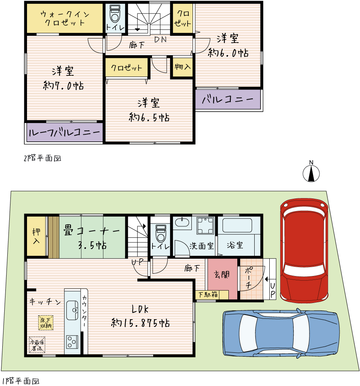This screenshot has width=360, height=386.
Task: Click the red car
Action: pos(304,250)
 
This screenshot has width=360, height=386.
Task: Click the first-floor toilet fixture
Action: pos(161,233)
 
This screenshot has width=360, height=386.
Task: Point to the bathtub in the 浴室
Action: pos(237,225)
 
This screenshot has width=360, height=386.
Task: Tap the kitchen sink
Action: pos(72,310)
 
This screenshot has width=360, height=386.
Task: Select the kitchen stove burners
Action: pos(72,342)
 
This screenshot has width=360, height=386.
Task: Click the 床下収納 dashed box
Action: pos(46,323)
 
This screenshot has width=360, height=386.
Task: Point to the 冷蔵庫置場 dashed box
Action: pos(37,345)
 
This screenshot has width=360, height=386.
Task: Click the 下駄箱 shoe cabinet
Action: pos(212,295)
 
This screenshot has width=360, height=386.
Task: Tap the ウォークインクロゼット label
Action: pos(65,18)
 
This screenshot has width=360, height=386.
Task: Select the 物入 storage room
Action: pos(183,67)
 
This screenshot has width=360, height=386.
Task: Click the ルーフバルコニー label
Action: pos(64,132)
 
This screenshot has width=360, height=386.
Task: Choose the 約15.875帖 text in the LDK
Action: pos(140,323)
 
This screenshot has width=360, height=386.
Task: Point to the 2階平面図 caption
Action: pos(42,158)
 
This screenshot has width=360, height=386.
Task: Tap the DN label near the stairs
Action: pos(161,39)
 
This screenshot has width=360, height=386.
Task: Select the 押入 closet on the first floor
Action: pos(36,236)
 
